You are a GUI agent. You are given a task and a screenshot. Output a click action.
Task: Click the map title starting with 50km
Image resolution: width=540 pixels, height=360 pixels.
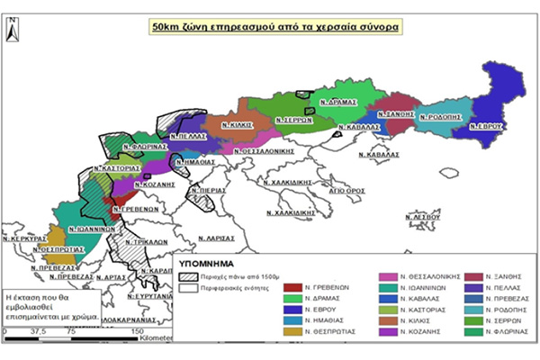[x=275, y=27]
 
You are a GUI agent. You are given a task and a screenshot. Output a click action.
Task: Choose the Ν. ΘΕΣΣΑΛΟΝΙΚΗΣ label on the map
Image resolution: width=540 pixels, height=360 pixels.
[x=265, y=151]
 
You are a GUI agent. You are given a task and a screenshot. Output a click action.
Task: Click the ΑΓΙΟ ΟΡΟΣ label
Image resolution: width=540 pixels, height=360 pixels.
[x=346, y=191]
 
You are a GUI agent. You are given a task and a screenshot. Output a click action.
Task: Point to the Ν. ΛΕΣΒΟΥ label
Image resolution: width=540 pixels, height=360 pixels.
[x=424, y=218]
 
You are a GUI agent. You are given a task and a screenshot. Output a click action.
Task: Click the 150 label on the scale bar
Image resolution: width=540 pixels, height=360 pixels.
[x=137, y=331]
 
